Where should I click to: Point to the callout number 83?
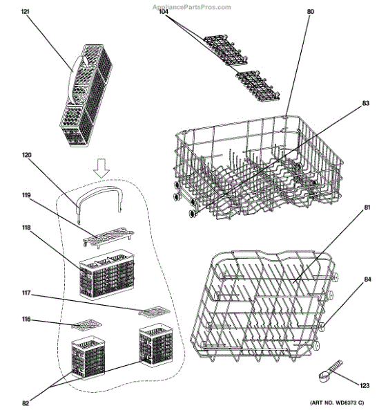point(365,103)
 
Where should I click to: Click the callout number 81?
point(367,208)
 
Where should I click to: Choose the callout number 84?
point(367,280)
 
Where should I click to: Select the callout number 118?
point(26,228)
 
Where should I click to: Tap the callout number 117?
point(26,293)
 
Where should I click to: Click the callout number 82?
point(26,403)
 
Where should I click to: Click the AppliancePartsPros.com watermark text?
point(193,6)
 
